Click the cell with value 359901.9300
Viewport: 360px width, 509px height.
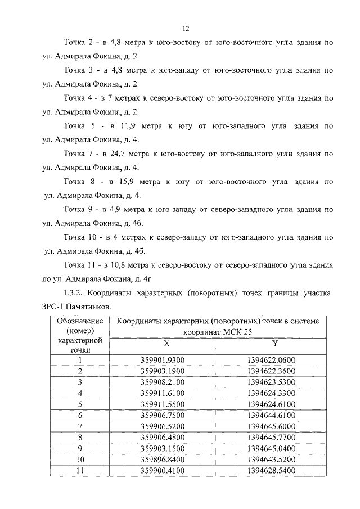[x=163, y=361]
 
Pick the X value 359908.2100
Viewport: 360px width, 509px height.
[x=163, y=382]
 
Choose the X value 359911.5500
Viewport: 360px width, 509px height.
[x=163, y=403]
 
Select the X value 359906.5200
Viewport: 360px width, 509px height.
[x=163, y=425]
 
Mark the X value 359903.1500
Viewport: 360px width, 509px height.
[x=163, y=446]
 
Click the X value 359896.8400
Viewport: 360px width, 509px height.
[x=163, y=457]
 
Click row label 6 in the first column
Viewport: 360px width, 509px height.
[x=80, y=414]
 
